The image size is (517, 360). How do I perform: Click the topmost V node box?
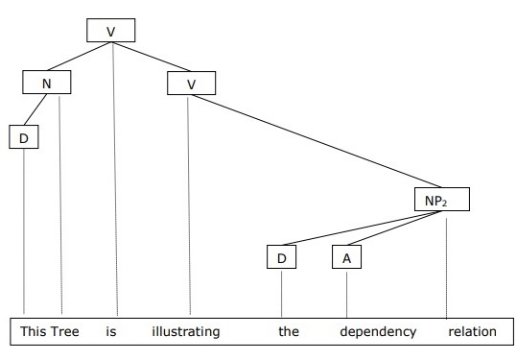pos(110,31)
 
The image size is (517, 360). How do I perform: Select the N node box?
pos(47,84)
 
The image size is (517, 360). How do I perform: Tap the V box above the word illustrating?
pos(191,84)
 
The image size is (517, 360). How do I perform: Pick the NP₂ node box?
pos(442,202)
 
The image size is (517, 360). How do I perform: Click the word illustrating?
pos(186,332)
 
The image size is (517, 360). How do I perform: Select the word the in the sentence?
pos(289,332)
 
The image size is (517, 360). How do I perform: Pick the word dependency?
pos(378,332)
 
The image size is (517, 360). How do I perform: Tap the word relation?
pos(472,332)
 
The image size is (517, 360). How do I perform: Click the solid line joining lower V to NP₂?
pos(317,142)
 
